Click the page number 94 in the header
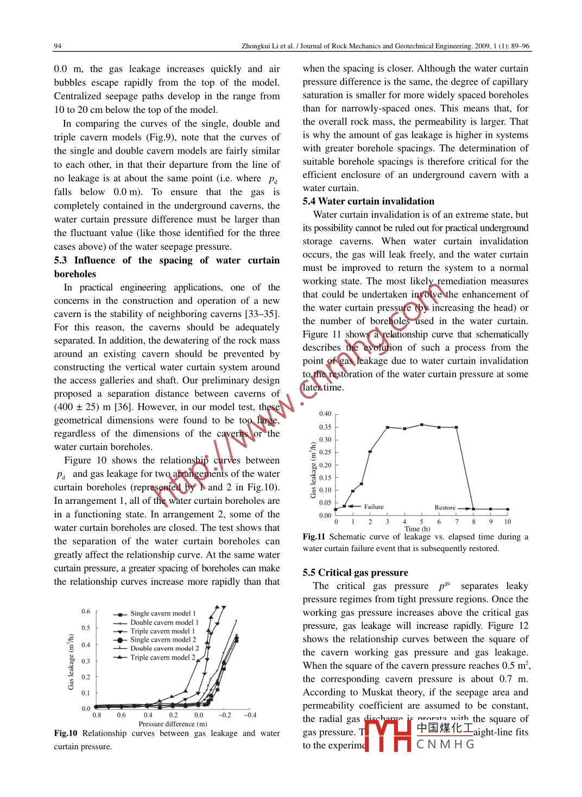58,46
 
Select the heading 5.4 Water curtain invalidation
369,201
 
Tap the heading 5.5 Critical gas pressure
355,572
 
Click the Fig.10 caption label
66,733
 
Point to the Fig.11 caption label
314,536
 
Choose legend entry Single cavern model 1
163,613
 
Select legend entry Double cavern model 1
164,622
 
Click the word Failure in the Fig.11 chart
374,507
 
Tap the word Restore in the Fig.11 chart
445,508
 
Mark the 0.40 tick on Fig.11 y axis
325,414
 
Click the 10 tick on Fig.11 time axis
507,522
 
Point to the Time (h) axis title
417,529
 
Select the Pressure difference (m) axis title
173,724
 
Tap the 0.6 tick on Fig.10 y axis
86,611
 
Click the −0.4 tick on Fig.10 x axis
250,715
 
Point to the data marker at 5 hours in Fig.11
421,425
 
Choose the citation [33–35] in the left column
261,314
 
